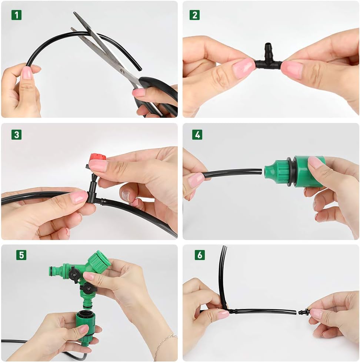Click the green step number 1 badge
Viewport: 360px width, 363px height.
(16, 15)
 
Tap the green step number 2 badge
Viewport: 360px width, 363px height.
(194, 15)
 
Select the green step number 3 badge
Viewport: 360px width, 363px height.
(16, 135)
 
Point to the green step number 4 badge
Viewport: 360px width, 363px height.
(197, 135)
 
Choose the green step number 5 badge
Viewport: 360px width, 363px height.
(21, 255)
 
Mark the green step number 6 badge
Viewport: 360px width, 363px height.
(200, 255)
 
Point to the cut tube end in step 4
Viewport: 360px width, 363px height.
(261, 171)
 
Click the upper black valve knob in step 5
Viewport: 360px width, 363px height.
(74, 274)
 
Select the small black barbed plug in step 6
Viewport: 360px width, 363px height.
(304, 312)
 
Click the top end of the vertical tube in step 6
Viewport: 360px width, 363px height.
(224, 247)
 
